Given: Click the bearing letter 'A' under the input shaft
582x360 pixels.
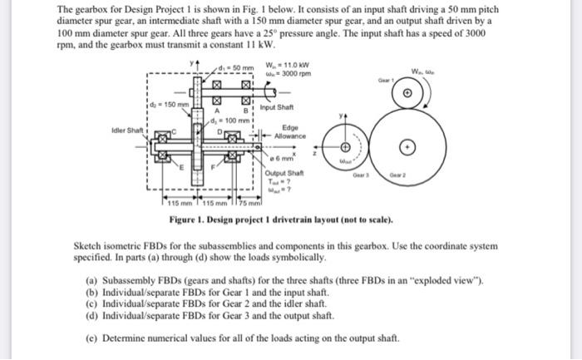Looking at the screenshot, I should (216, 108).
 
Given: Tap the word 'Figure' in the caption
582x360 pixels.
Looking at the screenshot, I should (182, 219).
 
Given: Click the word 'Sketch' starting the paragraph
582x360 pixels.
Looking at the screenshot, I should (88, 247).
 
